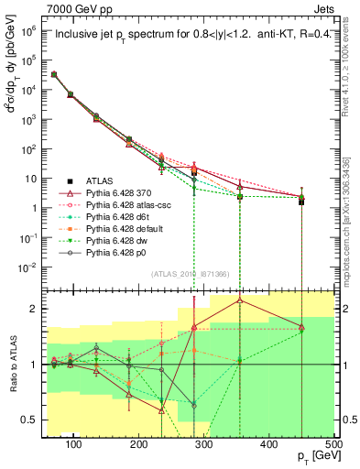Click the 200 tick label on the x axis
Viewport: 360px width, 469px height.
pos(138,444)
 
